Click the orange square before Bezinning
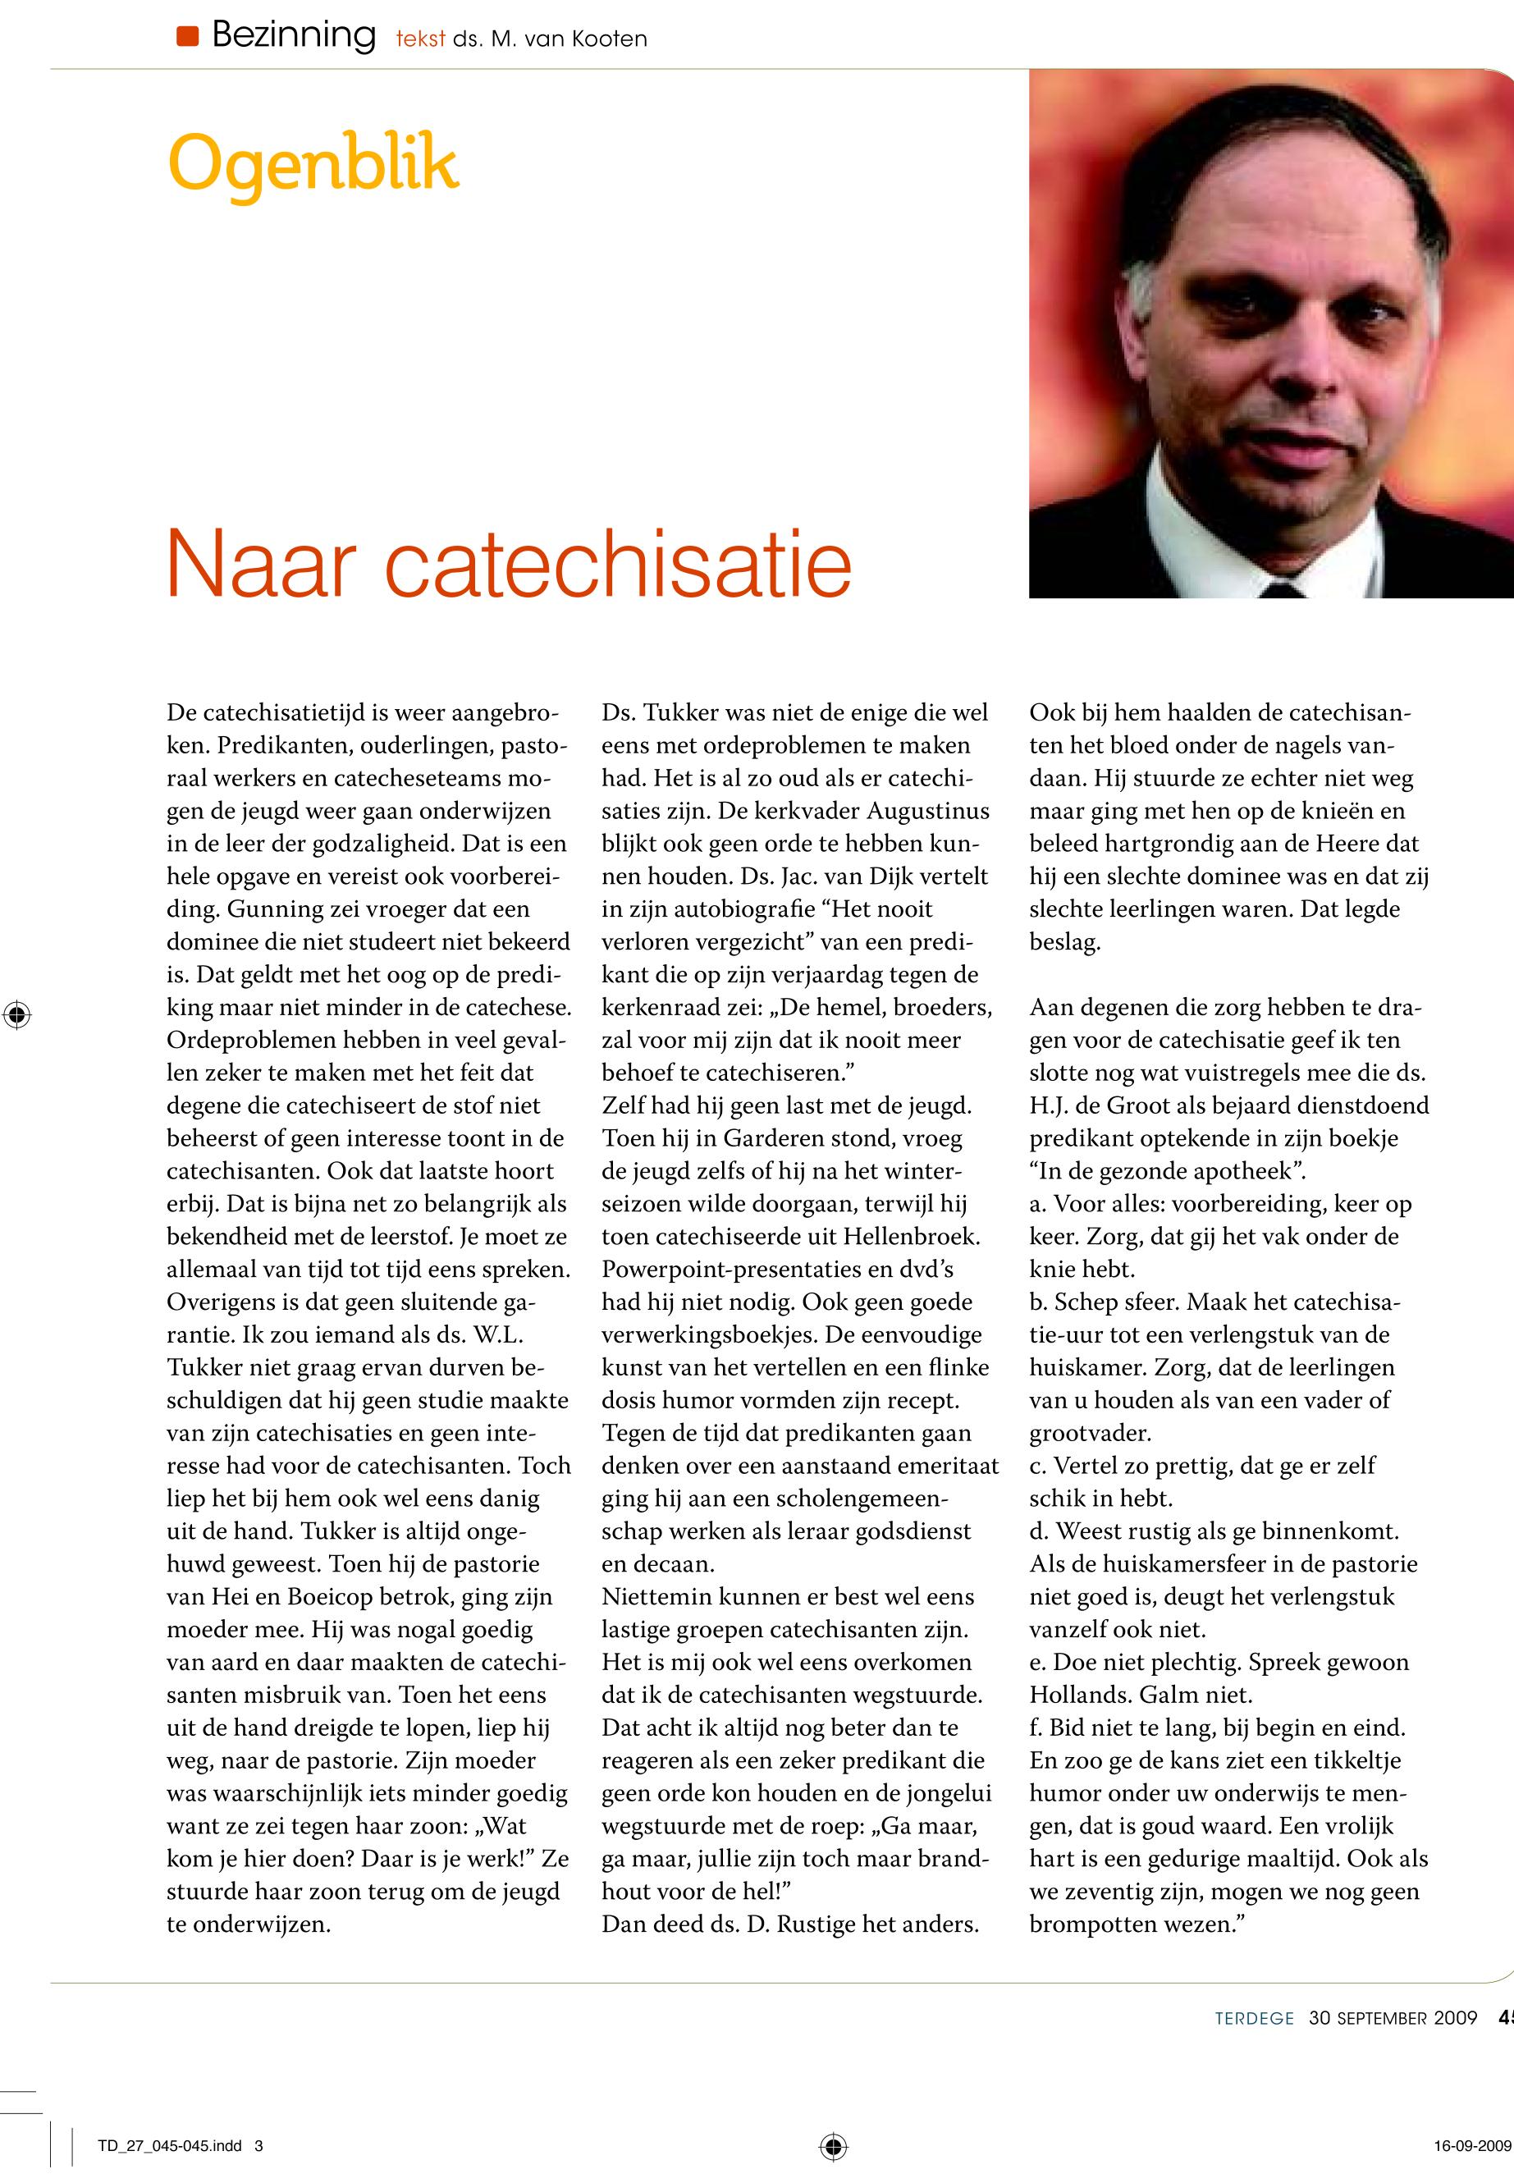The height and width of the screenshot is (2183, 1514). pyautogui.click(x=187, y=37)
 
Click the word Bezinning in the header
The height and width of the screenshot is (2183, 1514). pyautogui.click(x=293, y=36)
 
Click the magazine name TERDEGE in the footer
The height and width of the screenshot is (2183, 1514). pyautogui.click(x=1254, y=2018)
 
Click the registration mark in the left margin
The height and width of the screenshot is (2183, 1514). pyautogui.click(x=16, y=1014)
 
